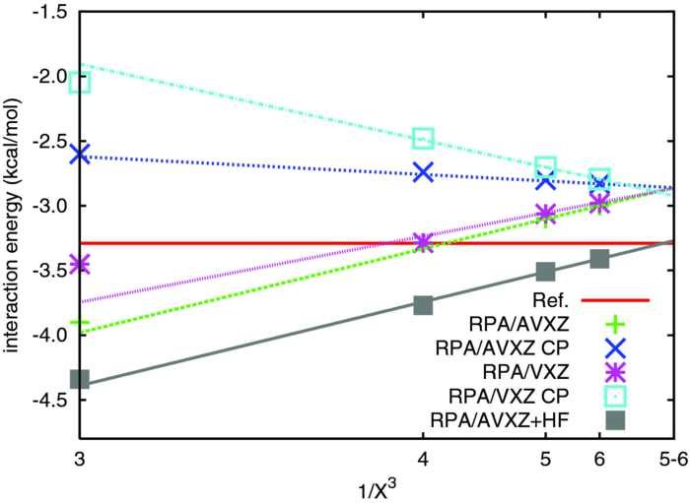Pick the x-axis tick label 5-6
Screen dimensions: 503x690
[x=673, y=459]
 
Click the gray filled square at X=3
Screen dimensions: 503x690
[x=80, y=379]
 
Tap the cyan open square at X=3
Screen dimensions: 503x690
[x=80, y=82]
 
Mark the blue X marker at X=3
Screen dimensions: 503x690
[x=80, y=155]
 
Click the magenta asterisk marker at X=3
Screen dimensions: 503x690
[x=80, y=264]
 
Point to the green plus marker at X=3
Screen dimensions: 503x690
[x=80, y=323]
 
